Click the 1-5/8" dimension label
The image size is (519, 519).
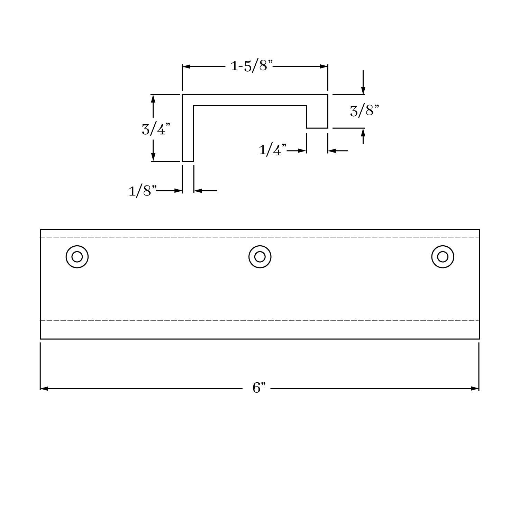click(x=252, y=65)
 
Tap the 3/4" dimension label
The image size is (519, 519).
click(x=156, y=129)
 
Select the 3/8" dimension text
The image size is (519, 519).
click(x=364, y=111)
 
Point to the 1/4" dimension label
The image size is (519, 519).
click(x=273, y=150)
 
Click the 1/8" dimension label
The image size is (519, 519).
click(x=143, y=191)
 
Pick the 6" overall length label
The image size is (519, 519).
click(x=259, y=388)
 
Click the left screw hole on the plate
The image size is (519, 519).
click(x=77, y=257)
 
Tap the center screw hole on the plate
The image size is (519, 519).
click(x=260, y=257)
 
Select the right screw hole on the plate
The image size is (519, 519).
click(x=443, y=257)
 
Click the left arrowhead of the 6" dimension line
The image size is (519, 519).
click(x=44, y=389)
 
